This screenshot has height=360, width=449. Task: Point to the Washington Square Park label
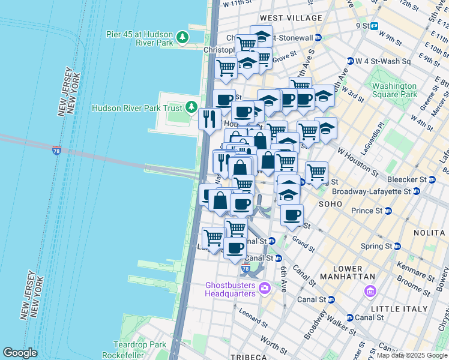[x=394, y=90]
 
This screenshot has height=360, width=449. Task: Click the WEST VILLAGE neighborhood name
[x=284, y=19]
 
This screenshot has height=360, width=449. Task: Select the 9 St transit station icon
[x=374, y=26]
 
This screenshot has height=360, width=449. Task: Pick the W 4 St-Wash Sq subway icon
[x=350, y=61]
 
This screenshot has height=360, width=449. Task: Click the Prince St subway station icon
[x=388, y=211]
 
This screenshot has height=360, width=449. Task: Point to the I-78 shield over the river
[x=56, y=150]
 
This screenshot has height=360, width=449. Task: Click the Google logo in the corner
[x=20, y=353]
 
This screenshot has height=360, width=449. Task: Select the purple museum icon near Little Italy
[x=370, y=292]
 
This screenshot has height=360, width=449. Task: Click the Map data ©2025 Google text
[x=412, y=355]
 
